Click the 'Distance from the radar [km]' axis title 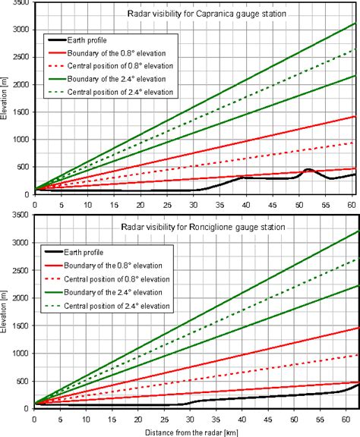coord(193,430)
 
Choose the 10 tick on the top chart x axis coord(87,205)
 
